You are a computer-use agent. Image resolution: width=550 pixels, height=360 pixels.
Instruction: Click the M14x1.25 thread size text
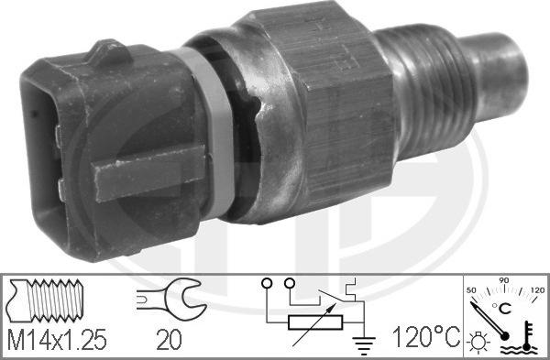pos(57,341)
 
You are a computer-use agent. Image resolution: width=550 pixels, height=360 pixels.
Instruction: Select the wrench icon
pos(168,298)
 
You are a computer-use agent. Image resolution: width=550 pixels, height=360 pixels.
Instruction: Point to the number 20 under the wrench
pos(169,341)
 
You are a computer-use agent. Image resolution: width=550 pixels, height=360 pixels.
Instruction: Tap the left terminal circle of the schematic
pos(267,283)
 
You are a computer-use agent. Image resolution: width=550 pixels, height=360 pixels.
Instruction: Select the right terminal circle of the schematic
pos(291,283)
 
